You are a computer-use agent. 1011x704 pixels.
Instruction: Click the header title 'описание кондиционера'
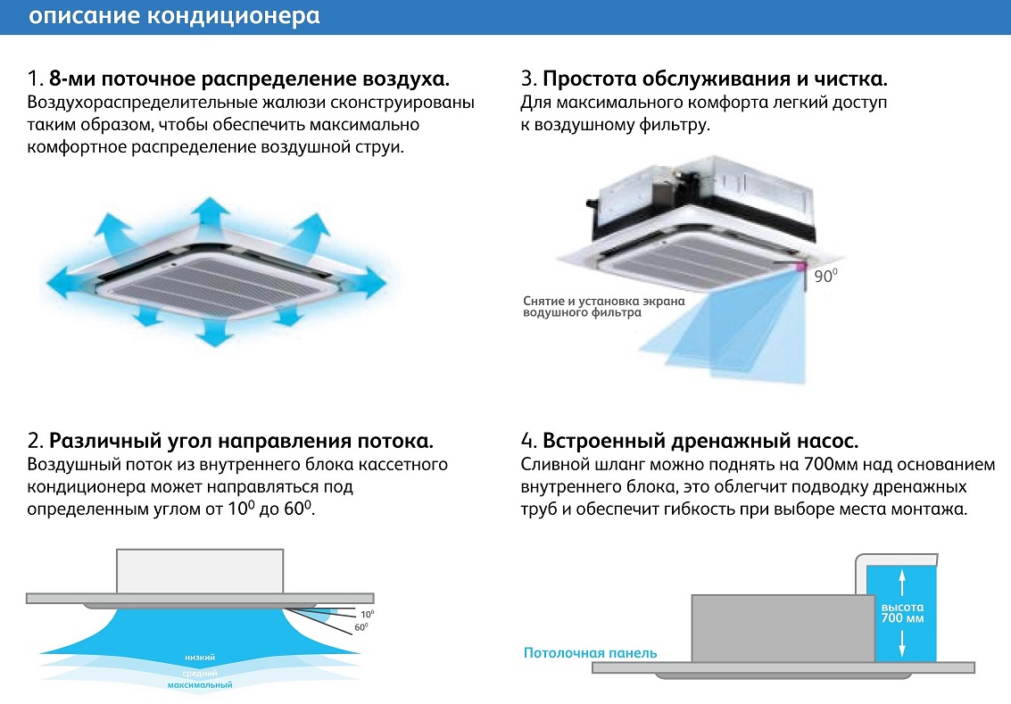coord(174,15)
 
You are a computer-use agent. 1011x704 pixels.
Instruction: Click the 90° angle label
coord(825,276)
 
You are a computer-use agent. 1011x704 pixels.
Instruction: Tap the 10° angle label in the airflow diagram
coord(367,615)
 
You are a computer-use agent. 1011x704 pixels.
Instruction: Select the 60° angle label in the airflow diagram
coord(361,627)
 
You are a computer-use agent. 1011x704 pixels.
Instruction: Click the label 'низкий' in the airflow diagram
coord(200,658)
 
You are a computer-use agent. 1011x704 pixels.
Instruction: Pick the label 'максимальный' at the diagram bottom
coord(200,685)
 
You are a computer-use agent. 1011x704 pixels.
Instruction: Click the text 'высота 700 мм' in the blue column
coord(902,612)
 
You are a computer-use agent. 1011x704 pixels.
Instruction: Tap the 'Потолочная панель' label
coord(590,653)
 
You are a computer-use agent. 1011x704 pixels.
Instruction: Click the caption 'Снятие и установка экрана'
coord(603,301)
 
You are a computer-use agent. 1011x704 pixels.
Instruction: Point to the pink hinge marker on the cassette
coord(800,266)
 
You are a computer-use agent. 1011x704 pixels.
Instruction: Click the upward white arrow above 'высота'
coord(902,583)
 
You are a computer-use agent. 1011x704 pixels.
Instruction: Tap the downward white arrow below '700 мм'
coord(902,642)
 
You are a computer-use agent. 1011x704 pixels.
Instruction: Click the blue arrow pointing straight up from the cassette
coord(210,211)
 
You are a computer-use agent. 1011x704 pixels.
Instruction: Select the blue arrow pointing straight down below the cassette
coord(214,332)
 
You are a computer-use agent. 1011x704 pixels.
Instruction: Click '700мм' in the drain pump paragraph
coord(832,465)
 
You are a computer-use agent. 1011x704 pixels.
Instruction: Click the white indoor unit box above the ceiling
coord(200,571)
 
